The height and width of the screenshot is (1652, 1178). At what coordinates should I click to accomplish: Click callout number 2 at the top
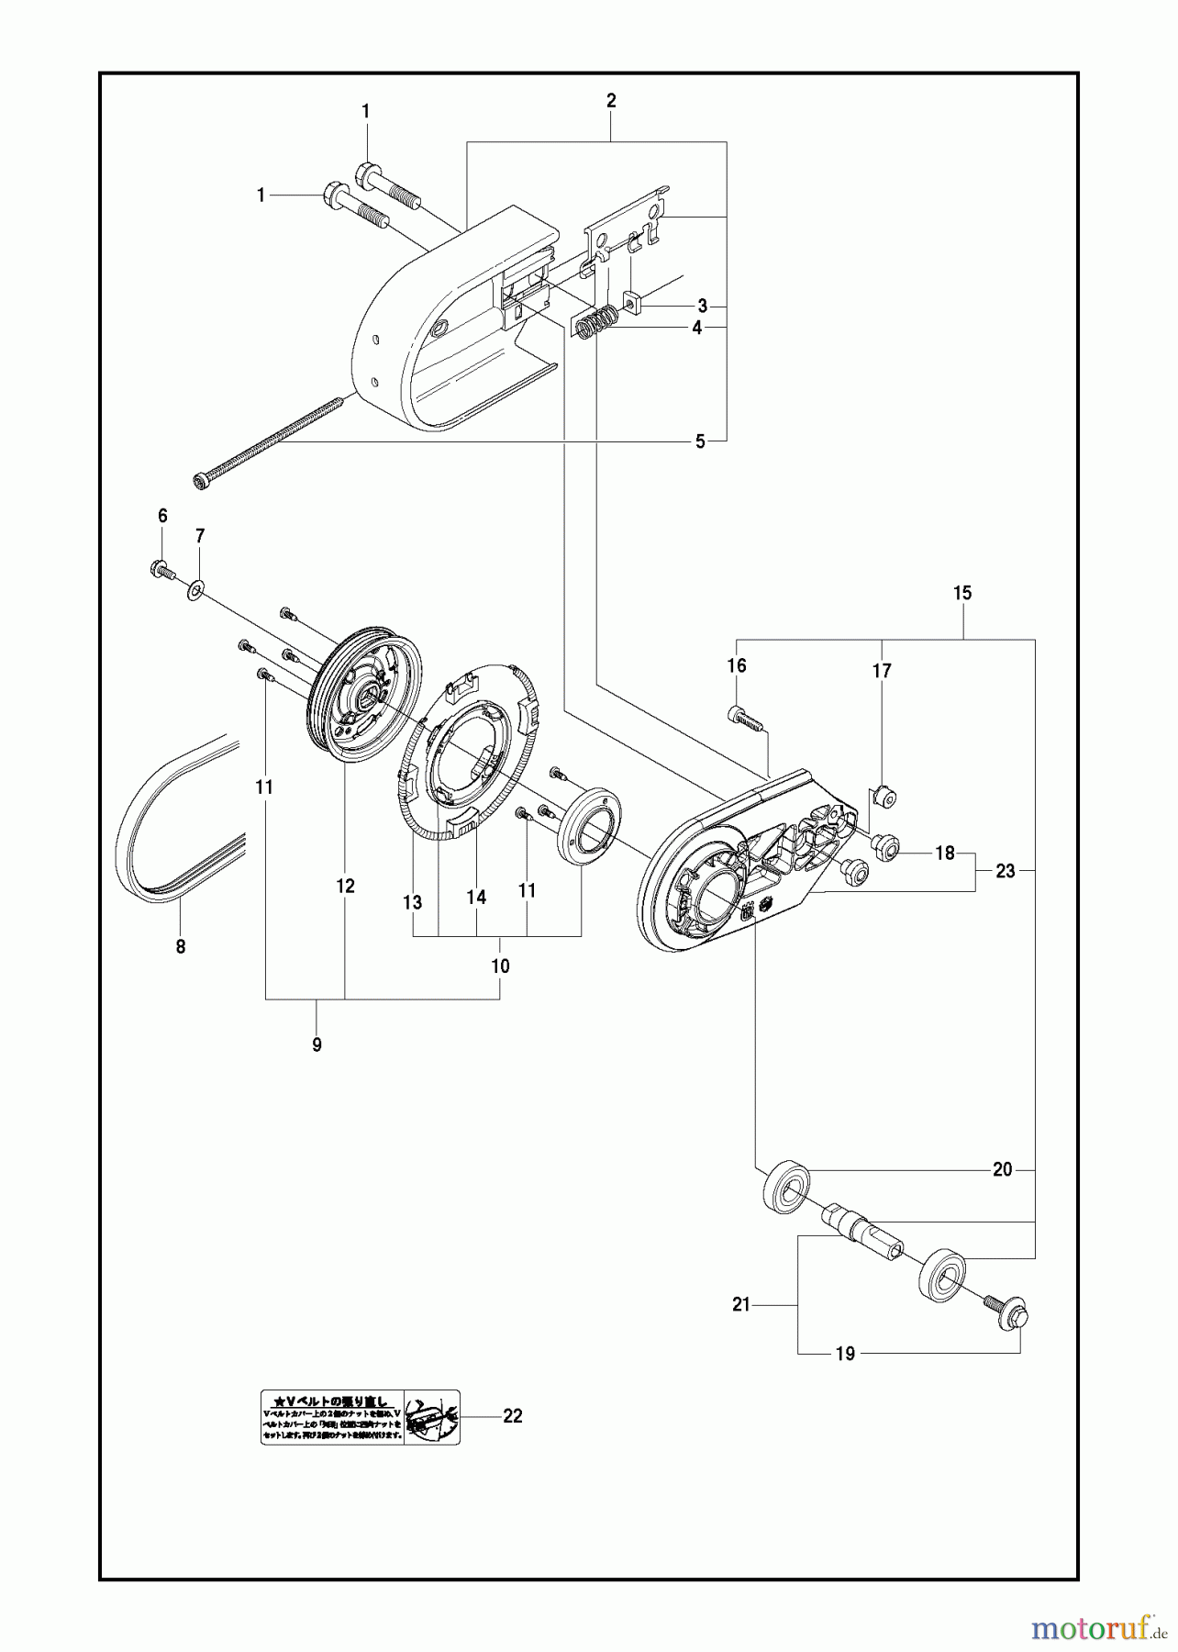point(611,101)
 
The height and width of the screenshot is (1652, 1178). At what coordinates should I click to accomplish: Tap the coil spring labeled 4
point(596,324)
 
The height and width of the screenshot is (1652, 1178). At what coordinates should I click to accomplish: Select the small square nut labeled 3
point(632,300)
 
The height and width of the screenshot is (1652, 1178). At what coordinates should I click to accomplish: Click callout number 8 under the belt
point(180,946)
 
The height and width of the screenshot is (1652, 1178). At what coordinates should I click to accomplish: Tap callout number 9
point(317,1044)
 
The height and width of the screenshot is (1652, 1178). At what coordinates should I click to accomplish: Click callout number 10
point(500,966)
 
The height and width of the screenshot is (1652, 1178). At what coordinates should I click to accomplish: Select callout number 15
point(961,593)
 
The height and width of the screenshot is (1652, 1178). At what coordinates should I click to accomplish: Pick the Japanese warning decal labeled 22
point(360,1417)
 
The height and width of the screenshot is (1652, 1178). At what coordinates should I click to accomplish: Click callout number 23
point(1006,870)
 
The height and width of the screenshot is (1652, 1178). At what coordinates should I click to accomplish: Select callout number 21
point(740,1304)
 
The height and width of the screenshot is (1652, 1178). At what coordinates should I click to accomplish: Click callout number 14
point(475,897)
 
